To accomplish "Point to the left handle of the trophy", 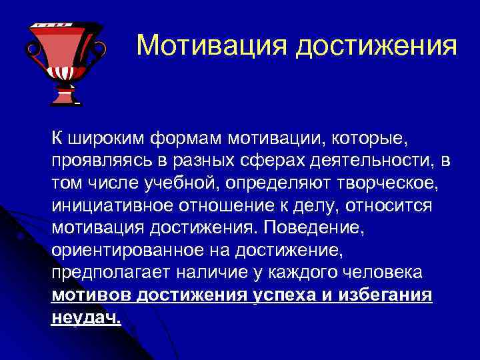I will click(31, 48).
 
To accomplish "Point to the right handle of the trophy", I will click(99, 48).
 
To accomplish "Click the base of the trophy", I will click(65, 99).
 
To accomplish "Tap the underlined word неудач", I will click(86, 317).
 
